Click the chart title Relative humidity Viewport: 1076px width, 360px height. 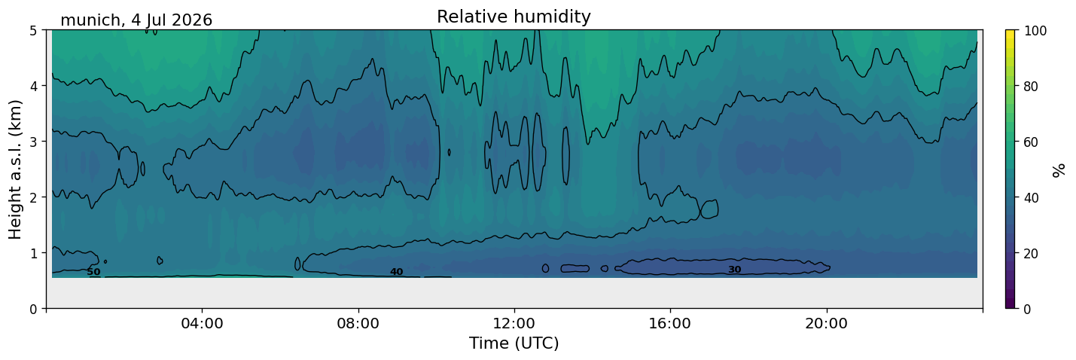(x=514, y=17)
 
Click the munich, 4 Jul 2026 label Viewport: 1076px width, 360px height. (x=136, y=20)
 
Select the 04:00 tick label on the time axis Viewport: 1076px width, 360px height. (x=203, y=323)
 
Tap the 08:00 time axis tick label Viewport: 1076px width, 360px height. (x=358, y=323)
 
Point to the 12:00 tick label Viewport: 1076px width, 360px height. (x=514, y=323)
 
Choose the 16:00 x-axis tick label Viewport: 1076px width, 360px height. (x=671, y=323)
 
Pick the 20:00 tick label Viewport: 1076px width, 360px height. (x=827, y=323)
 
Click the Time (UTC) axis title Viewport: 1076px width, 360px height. (x=514, y=343)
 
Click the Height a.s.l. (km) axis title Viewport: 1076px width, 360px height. (x=15, y=169)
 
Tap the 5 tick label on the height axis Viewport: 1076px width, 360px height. (x=34, y=31)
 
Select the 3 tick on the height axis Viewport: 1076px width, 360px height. (x=34, y=142)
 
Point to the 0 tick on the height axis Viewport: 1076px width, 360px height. (x=34, y=309)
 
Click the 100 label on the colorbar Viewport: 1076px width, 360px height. (x=1035, y=31)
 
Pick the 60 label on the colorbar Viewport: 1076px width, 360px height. (x=1032, y=142)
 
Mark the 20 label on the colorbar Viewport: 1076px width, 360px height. (x=1032, y=253)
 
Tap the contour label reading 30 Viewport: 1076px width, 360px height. (x=734, y=270)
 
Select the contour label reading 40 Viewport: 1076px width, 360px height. (x=396, y=272)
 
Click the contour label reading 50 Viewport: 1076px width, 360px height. (x=93, y=272)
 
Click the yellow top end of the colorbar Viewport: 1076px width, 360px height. (x=1010, y=31)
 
